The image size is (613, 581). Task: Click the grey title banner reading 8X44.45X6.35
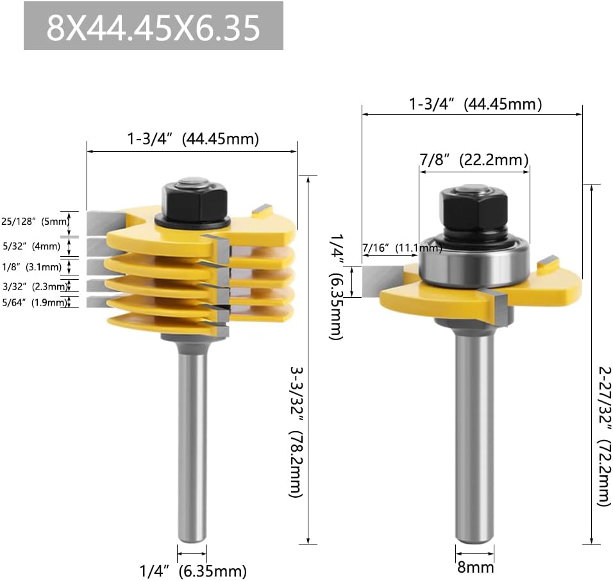pos(153,26)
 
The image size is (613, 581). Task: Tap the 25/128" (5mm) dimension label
pos(35,222)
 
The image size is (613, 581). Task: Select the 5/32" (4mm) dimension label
pos(31,246)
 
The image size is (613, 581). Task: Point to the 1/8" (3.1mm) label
pos(31,267)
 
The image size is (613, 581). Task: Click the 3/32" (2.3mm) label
pos(35,286)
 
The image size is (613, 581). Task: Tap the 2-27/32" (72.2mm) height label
pos(604,436)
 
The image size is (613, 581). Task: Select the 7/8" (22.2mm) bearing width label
pos(474,160)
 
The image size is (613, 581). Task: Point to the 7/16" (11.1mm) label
pos(402,247)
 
